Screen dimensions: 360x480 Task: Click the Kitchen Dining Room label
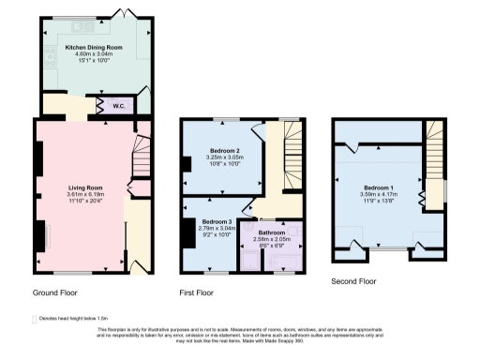(93, 46)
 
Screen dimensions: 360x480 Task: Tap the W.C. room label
(122, 105)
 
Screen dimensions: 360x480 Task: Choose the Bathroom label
(272, 232)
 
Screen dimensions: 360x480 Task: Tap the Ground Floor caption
(58, 292)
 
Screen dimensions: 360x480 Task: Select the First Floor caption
(199, 292)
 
